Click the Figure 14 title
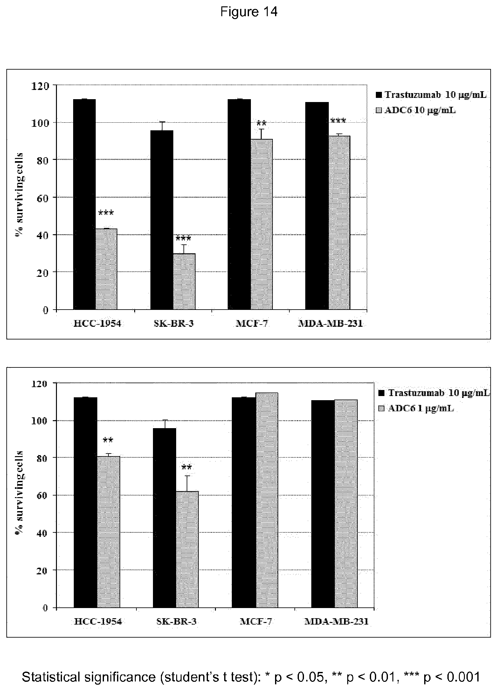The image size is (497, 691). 249,12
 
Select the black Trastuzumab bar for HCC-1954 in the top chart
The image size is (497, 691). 84,204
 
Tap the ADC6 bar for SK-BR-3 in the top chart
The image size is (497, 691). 184,281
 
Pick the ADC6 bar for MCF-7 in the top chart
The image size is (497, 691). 261,224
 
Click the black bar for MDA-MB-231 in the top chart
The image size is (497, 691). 317,206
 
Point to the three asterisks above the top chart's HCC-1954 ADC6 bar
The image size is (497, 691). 106,213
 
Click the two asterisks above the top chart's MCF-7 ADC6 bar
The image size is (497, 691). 261,123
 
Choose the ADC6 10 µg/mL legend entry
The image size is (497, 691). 416,110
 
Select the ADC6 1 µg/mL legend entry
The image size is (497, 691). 416,408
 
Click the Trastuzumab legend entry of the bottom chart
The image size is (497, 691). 434,393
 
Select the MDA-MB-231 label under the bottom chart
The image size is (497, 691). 336,622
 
